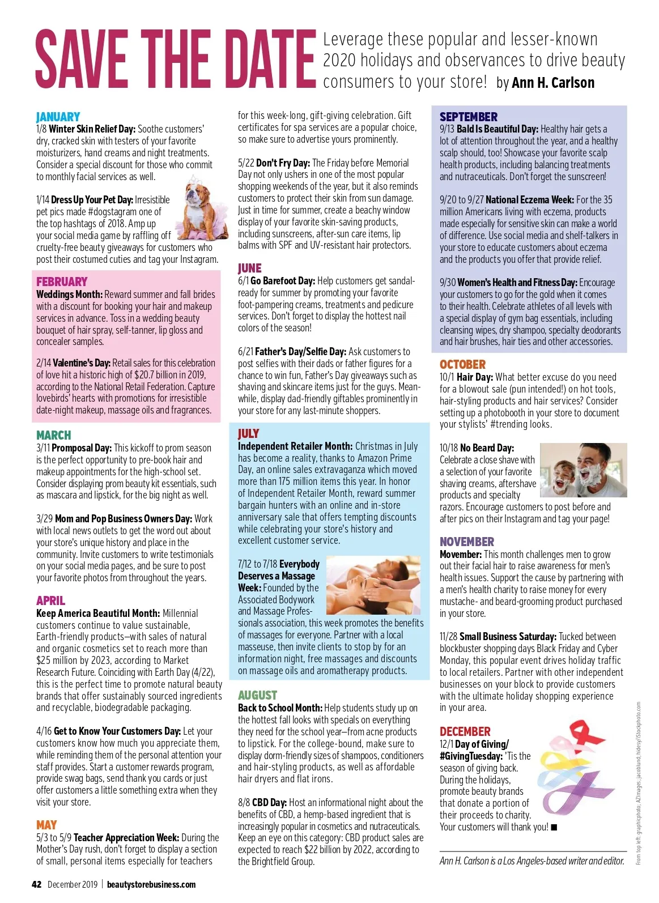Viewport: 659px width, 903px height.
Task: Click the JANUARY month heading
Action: [x=58, y=117]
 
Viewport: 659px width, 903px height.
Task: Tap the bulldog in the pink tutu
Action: [x=205, y=209]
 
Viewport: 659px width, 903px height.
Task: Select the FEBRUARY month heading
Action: [x=62, y=282]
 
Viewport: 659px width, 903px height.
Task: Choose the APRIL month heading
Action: [x=50, y=601]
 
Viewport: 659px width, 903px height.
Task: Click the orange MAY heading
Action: [x=46, y=825]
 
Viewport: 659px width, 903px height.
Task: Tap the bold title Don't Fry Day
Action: [x=283, y=163]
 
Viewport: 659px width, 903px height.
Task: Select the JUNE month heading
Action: [x=249, y=269]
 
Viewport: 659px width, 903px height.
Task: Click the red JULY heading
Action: [x=248, y=434]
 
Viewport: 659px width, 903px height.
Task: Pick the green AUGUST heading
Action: [x=257, y=696]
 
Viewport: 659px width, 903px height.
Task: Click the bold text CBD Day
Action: [x=269, y=803]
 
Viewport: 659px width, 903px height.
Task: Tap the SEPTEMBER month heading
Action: [x=468, y=117]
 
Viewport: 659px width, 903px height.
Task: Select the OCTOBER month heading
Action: [x=462, y=365]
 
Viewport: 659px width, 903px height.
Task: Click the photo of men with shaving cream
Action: [x=583, y=470]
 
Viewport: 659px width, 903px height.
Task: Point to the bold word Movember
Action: [x=460, y=555]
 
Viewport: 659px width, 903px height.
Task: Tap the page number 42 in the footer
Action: [x=37, y=884]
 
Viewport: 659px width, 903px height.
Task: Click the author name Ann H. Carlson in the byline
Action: [x=552, y=83]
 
